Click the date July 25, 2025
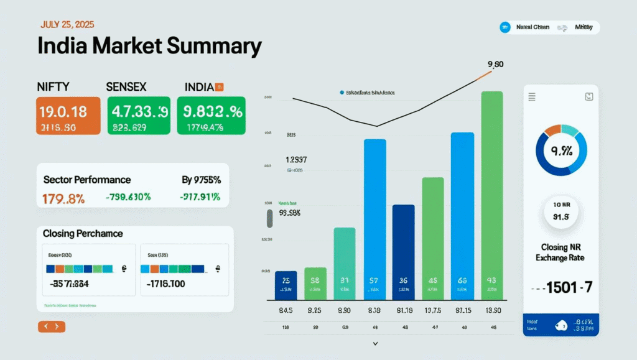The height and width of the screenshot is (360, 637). coord(67,25)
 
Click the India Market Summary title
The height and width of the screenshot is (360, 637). coord(149,47)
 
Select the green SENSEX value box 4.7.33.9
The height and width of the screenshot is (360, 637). coord(139,116)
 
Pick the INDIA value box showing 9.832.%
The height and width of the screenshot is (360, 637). coord(211,116)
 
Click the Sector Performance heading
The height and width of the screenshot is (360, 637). coord(87,180)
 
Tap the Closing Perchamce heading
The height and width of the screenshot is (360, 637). coord(83,234)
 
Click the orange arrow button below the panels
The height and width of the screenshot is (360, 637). coord(51,326)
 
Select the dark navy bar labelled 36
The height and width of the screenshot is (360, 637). coord(403,249)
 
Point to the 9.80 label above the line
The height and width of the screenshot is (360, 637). coord(495,64)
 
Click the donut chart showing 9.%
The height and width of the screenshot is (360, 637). coord(561,150)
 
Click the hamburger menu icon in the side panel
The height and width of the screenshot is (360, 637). coord(532,96)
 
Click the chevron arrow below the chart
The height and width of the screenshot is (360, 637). coord(375,343)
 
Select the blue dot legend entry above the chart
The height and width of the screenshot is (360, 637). coord(342,93)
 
